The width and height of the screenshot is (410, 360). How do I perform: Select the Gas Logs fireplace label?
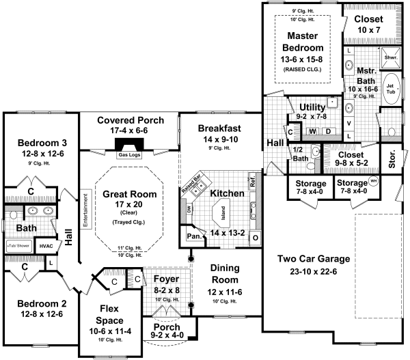click(x=129, y=155)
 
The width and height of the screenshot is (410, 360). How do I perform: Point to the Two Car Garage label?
click(x=314, y=259)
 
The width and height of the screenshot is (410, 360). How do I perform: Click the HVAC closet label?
click(x=46, y=246)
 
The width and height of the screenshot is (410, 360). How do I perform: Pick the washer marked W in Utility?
click(x=313, y=130)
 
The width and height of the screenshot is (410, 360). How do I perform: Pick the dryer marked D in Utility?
click(x=327, y=130)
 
